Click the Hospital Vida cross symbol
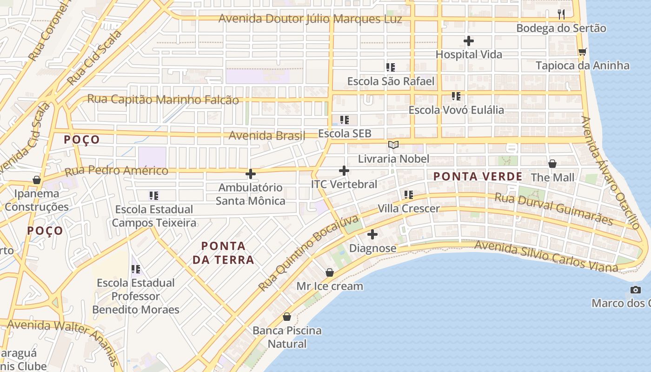469,41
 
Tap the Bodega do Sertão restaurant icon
561,14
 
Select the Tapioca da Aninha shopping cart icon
582,52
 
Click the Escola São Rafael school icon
391,67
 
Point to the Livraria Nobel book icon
393,145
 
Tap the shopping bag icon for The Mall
552,164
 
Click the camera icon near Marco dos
636,290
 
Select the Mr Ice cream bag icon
330,272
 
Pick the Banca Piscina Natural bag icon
287,317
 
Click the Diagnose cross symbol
372,234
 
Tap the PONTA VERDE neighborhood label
478,177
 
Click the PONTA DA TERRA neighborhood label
224,253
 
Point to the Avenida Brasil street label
267,136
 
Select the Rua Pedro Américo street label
116,171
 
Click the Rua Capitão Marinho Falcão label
163,100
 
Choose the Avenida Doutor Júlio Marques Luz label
310,19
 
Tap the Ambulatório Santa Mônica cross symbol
251,174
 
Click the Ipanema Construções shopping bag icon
37,179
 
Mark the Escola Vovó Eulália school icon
456,96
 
